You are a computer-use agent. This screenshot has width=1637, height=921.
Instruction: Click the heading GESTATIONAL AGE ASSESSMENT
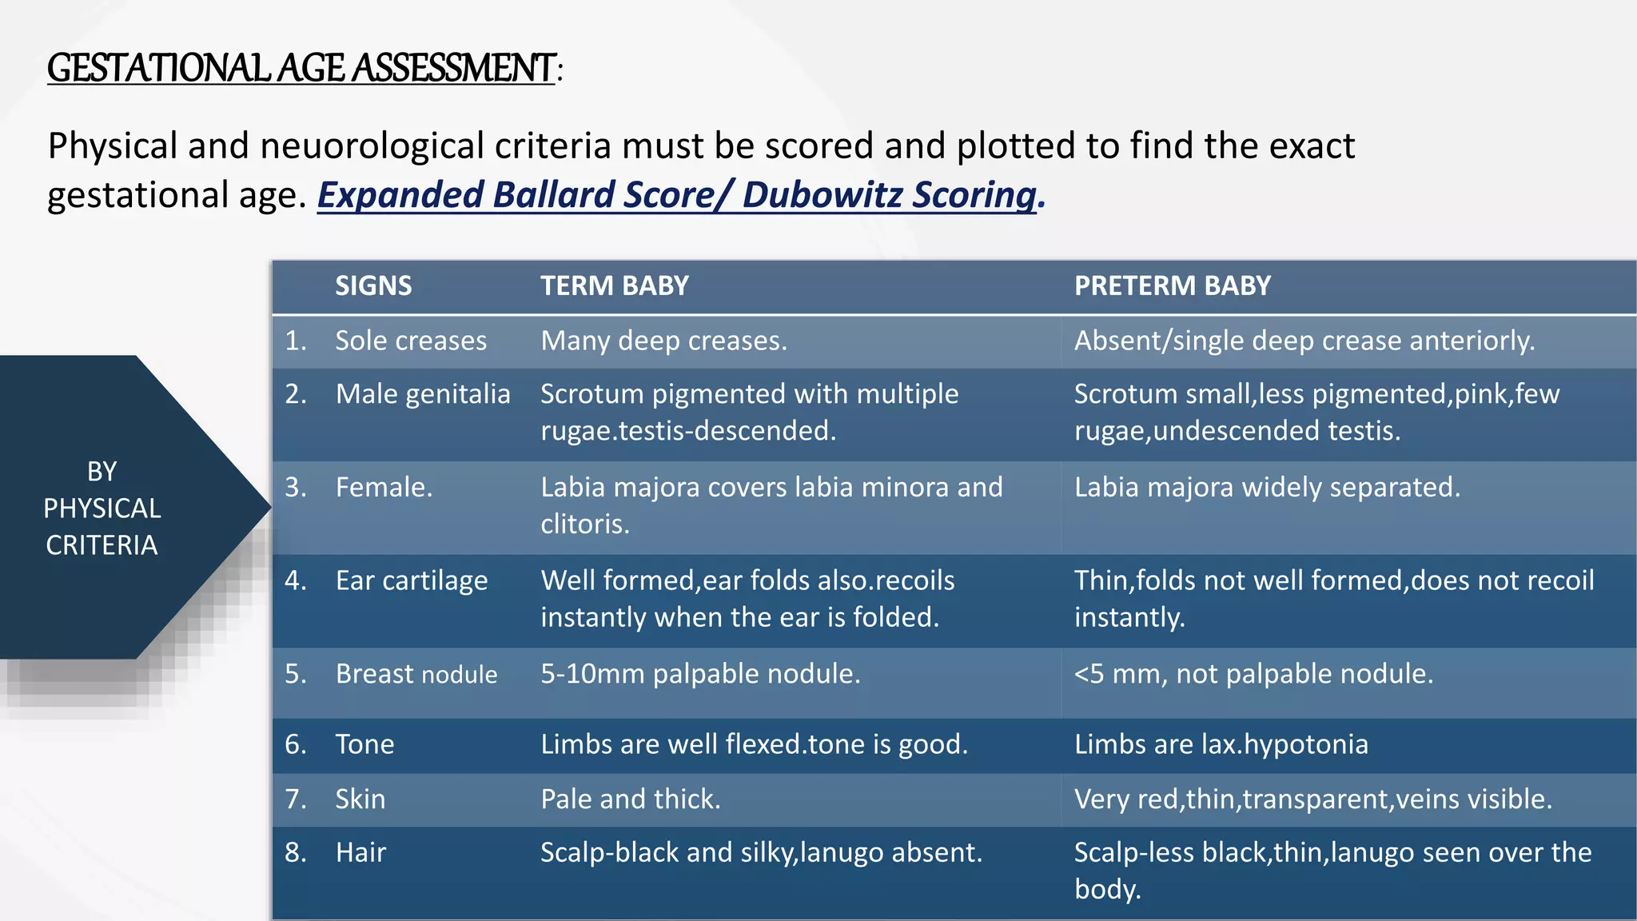click(x=301, y=68)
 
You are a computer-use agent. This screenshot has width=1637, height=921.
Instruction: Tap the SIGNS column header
click(x=373, y=286)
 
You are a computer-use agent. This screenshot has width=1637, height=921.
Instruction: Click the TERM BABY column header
click(x=614, y=286)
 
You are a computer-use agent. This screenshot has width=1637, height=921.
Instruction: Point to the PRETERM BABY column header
click(x=1172, y=286)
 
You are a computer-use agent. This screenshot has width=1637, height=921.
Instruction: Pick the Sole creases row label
click(x=411, y=341)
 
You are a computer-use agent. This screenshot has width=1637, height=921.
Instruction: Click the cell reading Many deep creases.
click(x=663, y=341)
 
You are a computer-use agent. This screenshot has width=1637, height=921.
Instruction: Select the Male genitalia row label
click(x=423, y=394)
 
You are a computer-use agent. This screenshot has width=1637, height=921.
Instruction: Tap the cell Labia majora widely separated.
click(x=1267, y=488)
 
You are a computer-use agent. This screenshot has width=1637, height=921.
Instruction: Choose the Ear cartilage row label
click(x=412, y=580)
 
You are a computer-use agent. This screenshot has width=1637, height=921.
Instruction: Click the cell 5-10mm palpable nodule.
click(x=700, y=674)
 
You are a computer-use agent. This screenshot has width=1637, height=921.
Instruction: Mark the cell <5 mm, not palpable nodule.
click(x=1253, y=674)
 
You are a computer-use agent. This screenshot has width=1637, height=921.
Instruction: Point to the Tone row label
click(x=364, y=744)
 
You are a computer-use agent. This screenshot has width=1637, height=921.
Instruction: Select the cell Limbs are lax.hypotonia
click(x=1221, y=744)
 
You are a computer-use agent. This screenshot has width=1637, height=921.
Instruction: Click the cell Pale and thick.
click(x=631, y=799)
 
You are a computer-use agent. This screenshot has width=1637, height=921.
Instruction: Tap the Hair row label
click(x=360, y=852)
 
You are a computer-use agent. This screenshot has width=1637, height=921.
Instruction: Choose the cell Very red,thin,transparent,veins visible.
click(x=1312, y=799)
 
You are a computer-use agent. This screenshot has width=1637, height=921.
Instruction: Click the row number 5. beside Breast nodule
click(x=296, y=674)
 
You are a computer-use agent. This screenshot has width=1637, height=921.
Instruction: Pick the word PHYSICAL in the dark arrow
click(x=102, y=508)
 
